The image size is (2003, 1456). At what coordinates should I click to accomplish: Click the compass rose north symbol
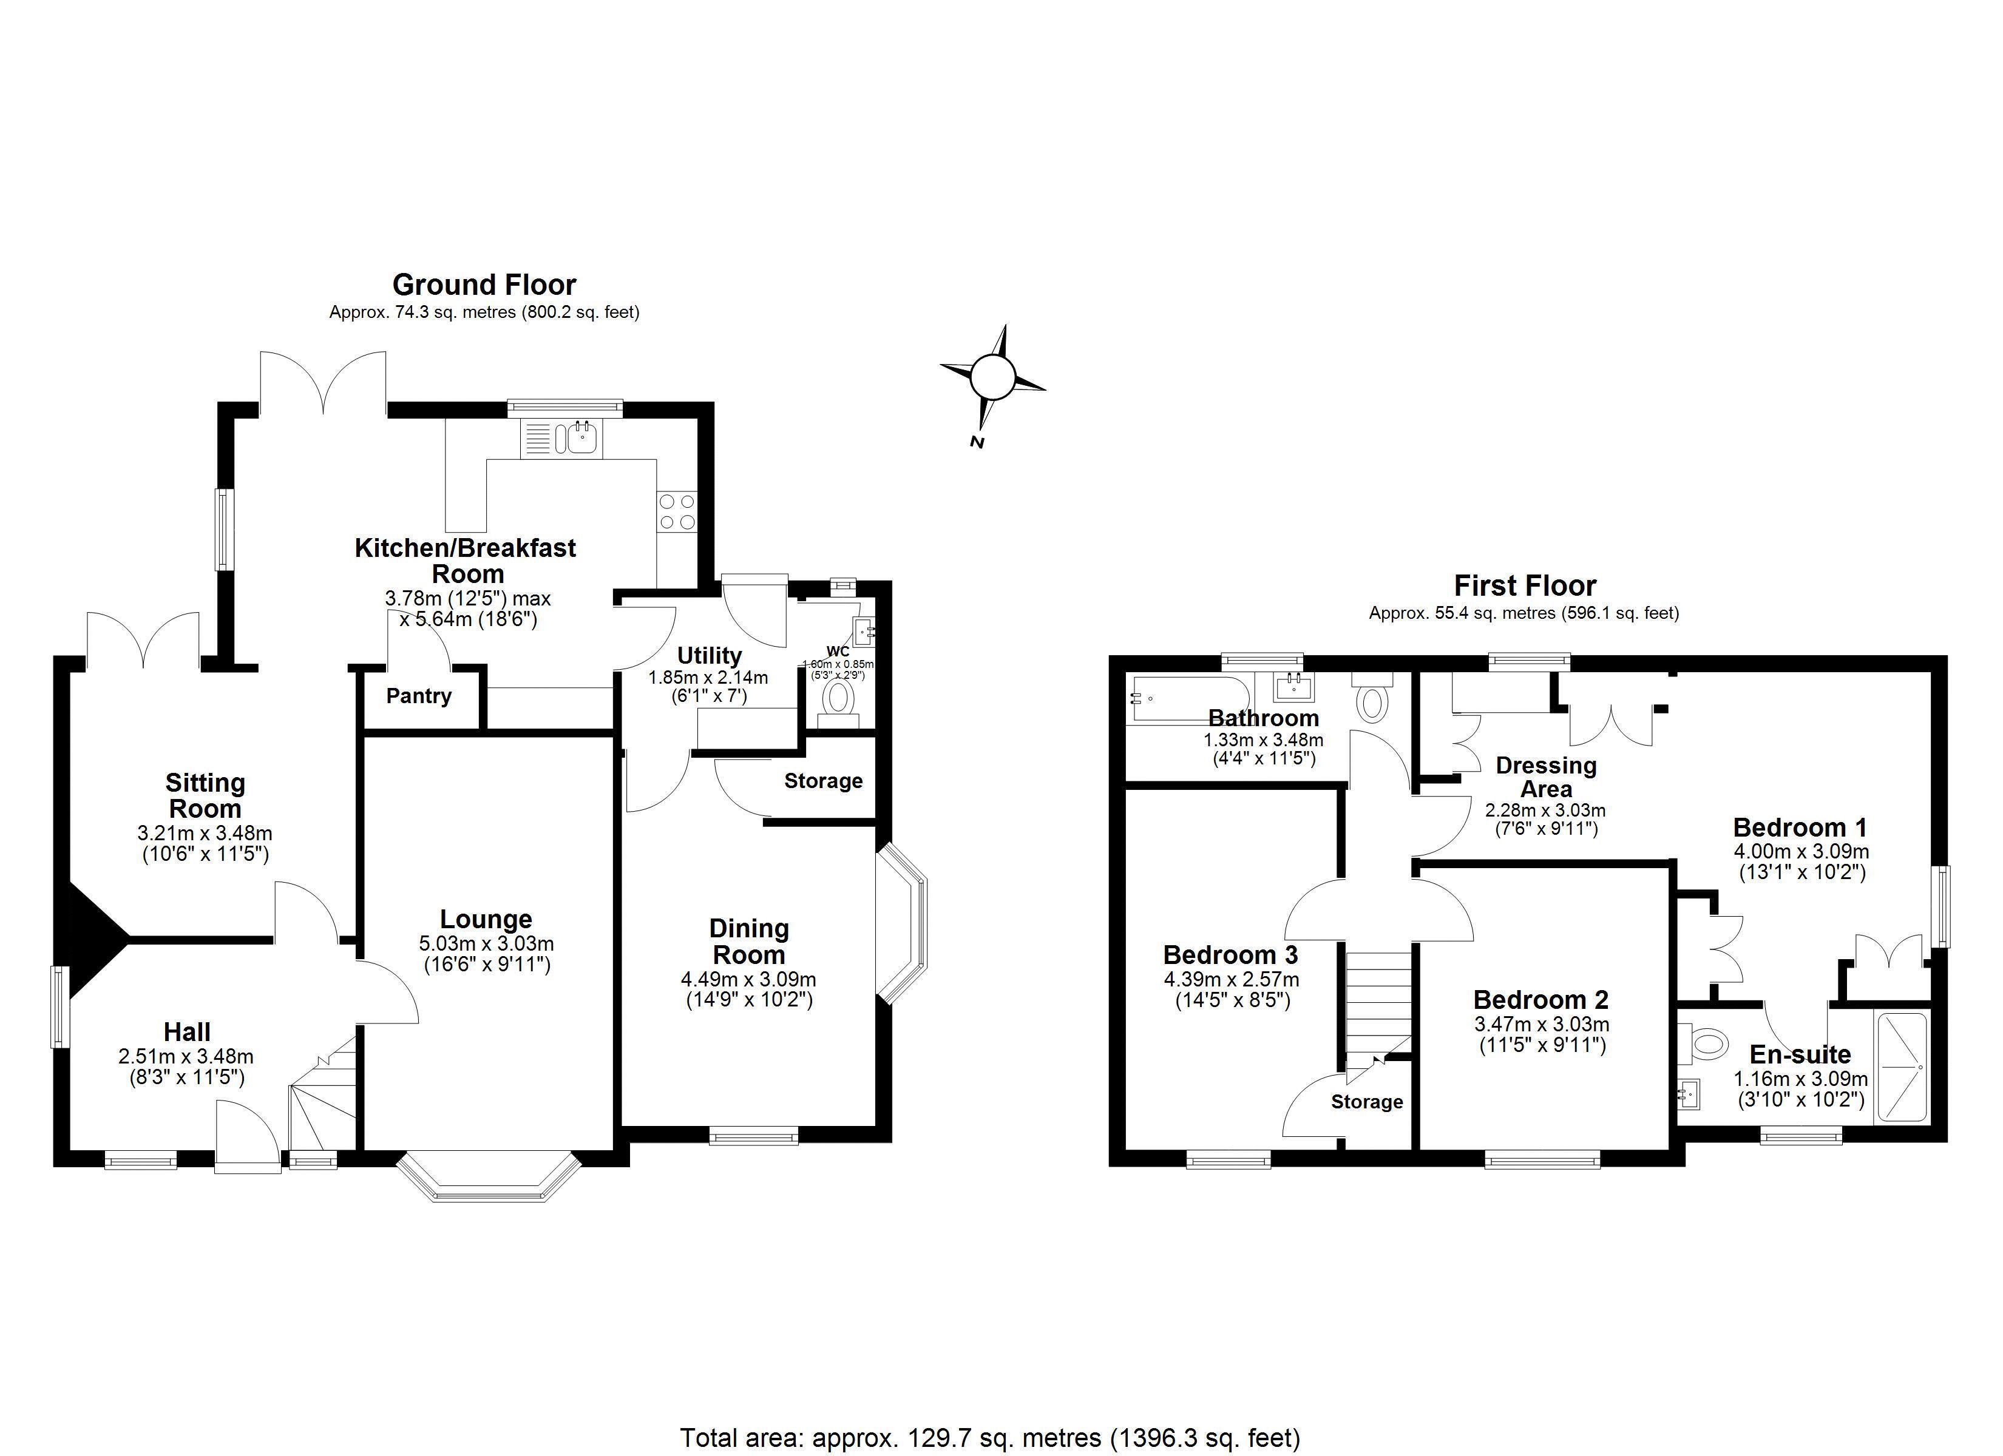coord(992,379)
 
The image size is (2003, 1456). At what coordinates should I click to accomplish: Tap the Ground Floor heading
coord(484,285)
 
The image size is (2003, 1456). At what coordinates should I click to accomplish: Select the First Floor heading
coord(1525,585)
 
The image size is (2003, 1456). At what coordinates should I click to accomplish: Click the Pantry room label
coord(419,696)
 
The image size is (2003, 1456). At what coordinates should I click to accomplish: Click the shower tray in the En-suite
coord(1900,1068)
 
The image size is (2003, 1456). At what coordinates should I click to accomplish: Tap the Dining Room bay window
coord(903,923)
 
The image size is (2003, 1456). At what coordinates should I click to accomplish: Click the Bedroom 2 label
coord(1541,1000)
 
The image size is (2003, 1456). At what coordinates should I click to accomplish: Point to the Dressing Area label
coord(1547,777)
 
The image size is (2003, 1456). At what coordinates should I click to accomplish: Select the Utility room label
coord(709,656)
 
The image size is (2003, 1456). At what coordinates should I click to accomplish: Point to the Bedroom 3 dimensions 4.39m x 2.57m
coord(1231,979)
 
